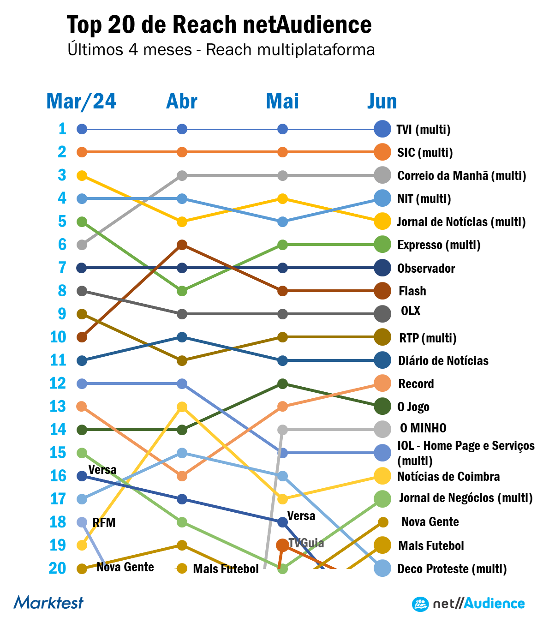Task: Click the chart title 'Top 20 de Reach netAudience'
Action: (x=219, y=25)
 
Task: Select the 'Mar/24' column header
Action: (x=81, y=102)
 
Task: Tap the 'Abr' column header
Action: (x=182, y=102)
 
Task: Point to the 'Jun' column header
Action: (x=382, y=102)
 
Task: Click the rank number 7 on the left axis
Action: (x=62, y=268)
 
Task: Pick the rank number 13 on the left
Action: (x=58, y=407)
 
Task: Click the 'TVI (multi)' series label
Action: (x=424, y=129)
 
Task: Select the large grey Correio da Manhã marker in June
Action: (x=382, y=175)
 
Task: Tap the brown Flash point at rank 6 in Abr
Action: (x=182, y=245)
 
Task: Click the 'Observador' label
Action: (x=426, y=268)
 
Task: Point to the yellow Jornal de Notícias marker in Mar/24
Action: (x=82, y=175)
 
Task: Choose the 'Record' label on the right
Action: (x=416, y=383)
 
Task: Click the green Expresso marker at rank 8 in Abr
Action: (x=182, y=291)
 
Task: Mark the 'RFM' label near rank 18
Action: (x=104, y=523)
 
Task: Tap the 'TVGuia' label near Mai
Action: (x=306, y=543)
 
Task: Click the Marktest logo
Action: (x=48, y=602)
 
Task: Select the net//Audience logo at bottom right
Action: (x=468, y=604)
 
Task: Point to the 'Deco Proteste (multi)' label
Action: (x=452, y=569)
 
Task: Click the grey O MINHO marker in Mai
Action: (x=283, y=430)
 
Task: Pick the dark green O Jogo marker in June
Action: (x=382, y=407)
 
